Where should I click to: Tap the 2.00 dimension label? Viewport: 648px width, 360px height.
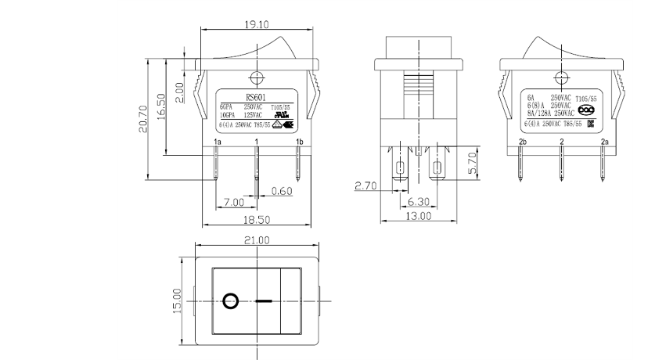click(179, 92)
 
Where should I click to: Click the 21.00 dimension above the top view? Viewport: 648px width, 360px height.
click(257, 239)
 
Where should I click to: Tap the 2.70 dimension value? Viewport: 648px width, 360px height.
click(365, 186)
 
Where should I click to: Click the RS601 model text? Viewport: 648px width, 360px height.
click(256, 96)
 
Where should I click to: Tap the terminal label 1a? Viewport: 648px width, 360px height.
click(218, 142)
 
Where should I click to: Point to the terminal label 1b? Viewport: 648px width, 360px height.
click(299, 142)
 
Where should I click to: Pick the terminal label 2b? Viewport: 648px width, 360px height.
click(522, 142)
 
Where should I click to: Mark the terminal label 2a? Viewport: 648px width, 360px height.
click(604, 142)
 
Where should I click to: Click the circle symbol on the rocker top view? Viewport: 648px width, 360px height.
click(231, 301)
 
